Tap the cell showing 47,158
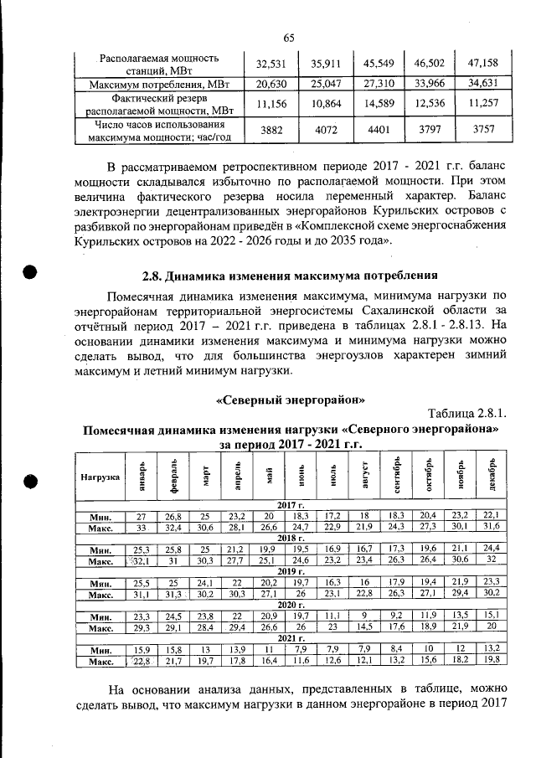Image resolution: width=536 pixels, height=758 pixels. (x=484, y=63)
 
